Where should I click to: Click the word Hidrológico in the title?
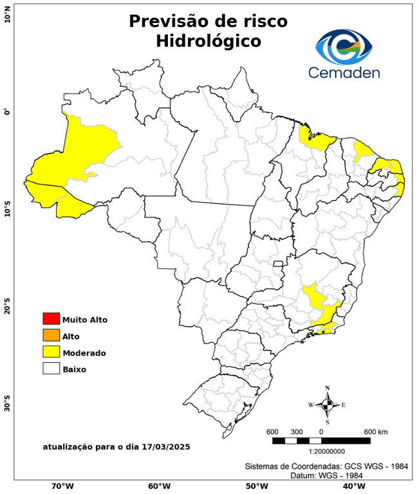tap(208, 41)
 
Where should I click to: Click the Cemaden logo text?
tap(344, 72)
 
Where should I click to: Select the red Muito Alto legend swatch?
tap(51, 319)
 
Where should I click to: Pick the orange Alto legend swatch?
tap(51, 336)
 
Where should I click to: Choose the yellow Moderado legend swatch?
tap(51, 352)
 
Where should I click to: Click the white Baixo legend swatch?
tap(51, 369)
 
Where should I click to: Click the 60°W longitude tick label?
tap(159, 486)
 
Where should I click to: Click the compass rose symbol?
tap(327, 405)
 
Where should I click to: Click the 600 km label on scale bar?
tap(376, 431)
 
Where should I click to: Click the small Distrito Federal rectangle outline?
tap(279, 264)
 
